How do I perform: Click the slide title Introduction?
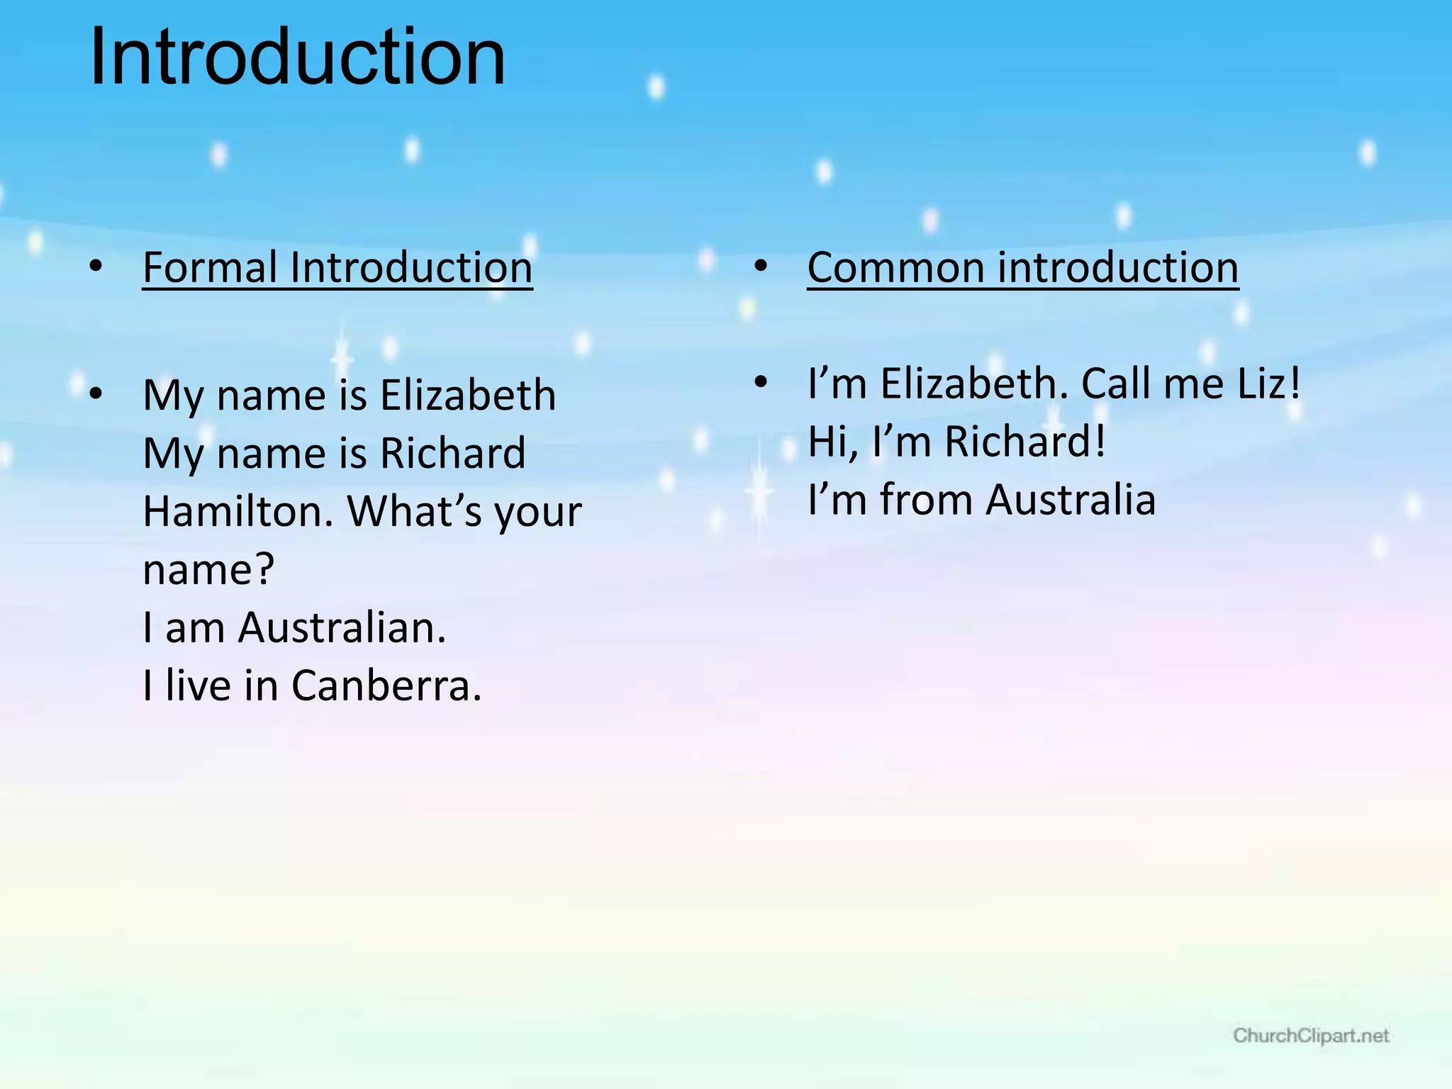pyautogui.click(x=298, y=57)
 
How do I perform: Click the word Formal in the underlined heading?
pyautogui.click(x=210, y=268)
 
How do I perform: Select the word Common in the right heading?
pyautogui.click(x=895, y=268)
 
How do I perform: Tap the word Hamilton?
pyautogui.click(x=238, y=511)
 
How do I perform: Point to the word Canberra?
pyautogui.click(x=386, y=686)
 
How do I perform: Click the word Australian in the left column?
pyautogui.click(x=342, y=627)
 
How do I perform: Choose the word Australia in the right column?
pyautogui.click(x=1071, y=499)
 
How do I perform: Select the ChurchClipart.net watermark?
pyautogui.click(x=1310, y=1036)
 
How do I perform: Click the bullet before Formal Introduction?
pyautogui.click(x=96, y=267)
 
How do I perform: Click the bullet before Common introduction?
pyautogui.click(x=761, y=267)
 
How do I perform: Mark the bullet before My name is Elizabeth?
pyautogui.click(x=96, y=393)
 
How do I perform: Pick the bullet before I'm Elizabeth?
pyautogui.click(x=761, y=383)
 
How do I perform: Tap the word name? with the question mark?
pyautogui.click(x=208, y=569)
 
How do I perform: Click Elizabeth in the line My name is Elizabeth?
pyautogui.click(x=468, y=395)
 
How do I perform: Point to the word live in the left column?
pyautogui.click(x=199, y=686)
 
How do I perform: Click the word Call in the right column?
pyautogui.click(x=1116, y=384)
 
